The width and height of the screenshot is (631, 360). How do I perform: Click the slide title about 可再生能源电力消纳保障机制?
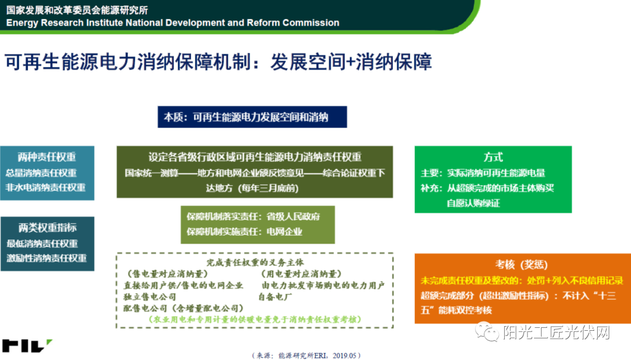coord(218,63)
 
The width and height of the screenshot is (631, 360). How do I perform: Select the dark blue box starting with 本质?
coord(252,117)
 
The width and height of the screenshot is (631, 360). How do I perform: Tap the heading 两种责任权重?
coord(47,157)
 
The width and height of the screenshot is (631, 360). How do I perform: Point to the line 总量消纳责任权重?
coord(41,173)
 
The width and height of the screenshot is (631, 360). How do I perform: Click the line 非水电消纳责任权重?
coord(46,187)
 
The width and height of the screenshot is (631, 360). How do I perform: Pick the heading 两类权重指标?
coord(47,227)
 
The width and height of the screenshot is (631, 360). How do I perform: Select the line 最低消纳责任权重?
coord(42,243)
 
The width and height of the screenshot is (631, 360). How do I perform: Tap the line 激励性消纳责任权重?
coord(47,258)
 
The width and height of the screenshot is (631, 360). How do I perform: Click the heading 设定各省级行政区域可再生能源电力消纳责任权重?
coord(255,157)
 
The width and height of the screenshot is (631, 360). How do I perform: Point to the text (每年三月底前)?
coord(268,188)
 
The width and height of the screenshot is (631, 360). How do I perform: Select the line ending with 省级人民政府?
coord(253,217)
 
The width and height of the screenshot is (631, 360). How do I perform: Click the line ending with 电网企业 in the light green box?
coord(244,231)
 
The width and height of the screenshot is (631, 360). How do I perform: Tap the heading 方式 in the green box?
coord(493,157)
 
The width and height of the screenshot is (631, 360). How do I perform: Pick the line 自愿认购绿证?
coord(473,203)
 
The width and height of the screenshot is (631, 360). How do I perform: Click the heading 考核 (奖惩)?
coord(522,265)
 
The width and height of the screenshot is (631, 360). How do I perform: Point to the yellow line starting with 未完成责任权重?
coord(522,281)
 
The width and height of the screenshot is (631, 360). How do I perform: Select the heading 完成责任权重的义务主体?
coord(255,262)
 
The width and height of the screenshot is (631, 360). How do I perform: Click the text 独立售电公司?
coord(150,297)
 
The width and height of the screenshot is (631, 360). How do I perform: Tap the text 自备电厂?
coord(275,297)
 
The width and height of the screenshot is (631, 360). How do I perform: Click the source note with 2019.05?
coord(306,355)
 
